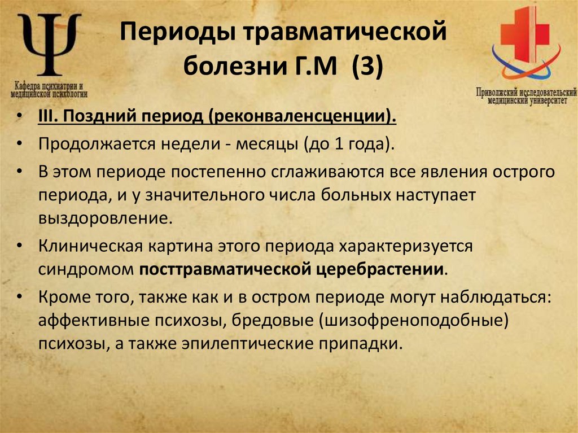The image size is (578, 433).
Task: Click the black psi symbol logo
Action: click(49, 45)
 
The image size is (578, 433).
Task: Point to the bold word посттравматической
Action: click(224, 269)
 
